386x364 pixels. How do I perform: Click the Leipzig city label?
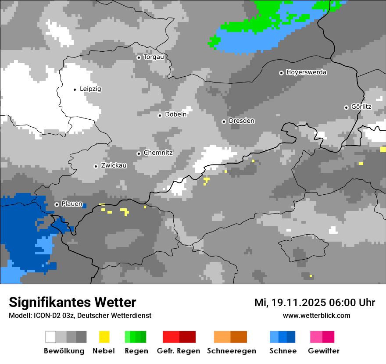pyautogui.click(x=90, y=89)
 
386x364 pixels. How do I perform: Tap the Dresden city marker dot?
pyautogui.click(x=224, y=121)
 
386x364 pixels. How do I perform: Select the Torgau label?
pyautogui.click(x=154, y=57)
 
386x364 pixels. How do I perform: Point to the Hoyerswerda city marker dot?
pyautogui.click(x=281, y=73)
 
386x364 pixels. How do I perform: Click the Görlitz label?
pyautogui.click(x=361, y=107)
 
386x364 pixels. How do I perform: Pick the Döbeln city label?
pyautogui.click(x=175, y=114)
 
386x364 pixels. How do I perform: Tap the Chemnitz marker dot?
pyautogui.click(x=139, y=153)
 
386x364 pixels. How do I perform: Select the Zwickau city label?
pyautogui.click(x=114, y=166)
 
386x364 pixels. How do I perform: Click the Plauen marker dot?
pyautogui.click(x=57, y=204)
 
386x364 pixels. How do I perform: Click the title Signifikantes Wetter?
pyautogui.click(x=72, y=302)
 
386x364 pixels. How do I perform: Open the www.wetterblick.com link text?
pyautogui.click(x=316, y=316)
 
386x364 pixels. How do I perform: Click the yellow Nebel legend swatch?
pyautogui.click(x=104, y=337)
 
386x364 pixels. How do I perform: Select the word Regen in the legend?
pyautogui.click(x=136, y=351)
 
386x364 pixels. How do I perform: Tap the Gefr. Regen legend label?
pyautogui.click(x=179, y=351)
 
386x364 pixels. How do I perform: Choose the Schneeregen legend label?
pyautogui.click(x=231, y=351)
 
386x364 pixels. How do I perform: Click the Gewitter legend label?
pyautogui.click(x=323, y=351)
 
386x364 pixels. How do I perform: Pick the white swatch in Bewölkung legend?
pyautogui.click(x=51, y=337)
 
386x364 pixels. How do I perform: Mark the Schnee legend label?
pyautogui.click(x=282, y=351)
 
